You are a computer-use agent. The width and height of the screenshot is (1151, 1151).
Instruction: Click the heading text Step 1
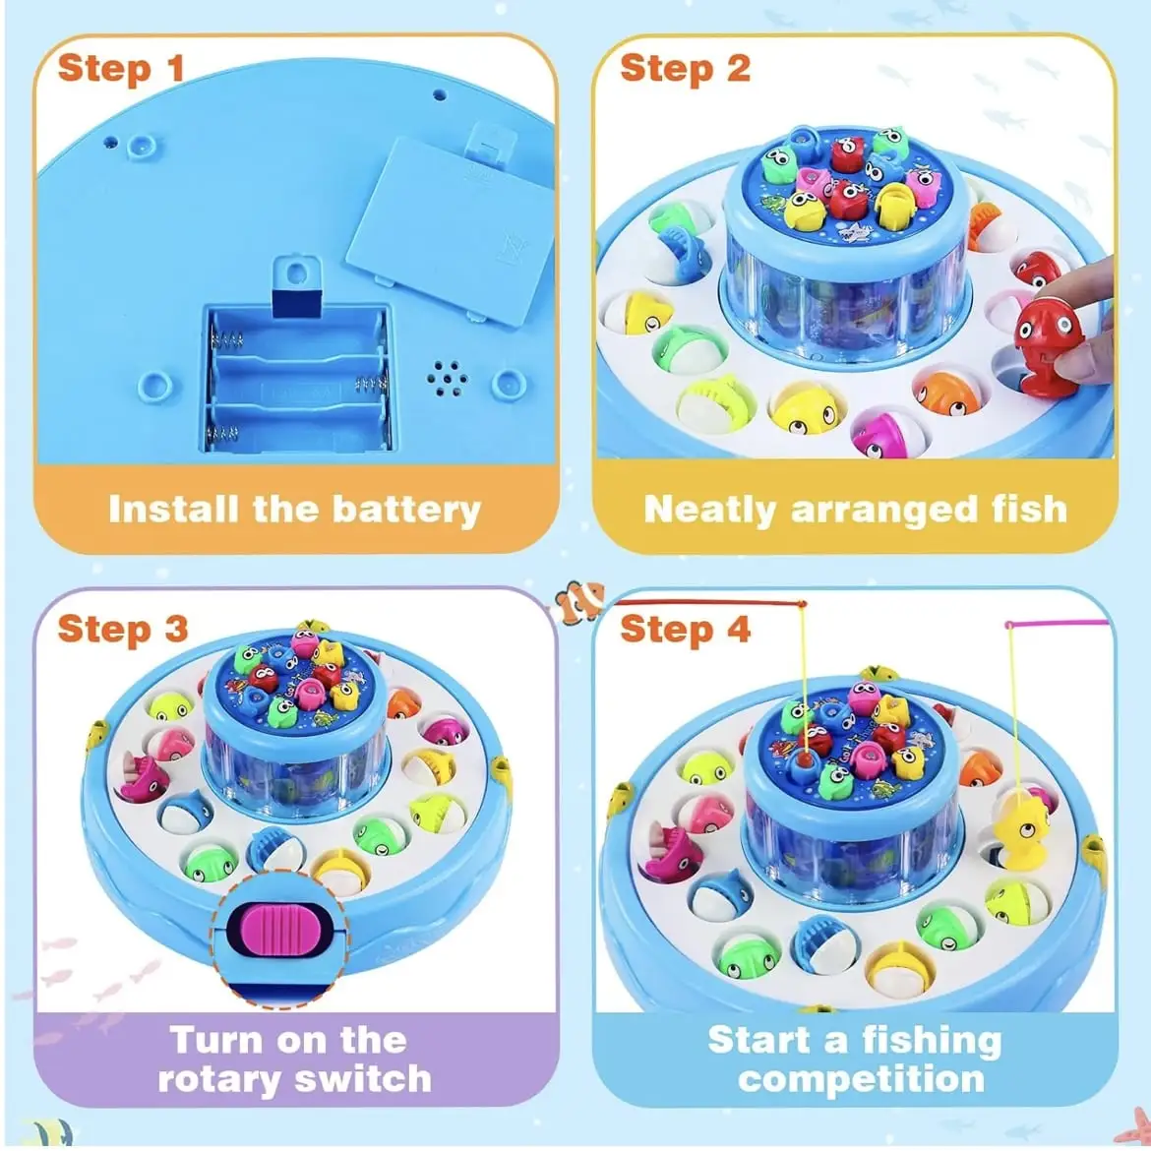click(120, 68)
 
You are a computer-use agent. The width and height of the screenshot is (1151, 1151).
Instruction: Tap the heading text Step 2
click(685, 68)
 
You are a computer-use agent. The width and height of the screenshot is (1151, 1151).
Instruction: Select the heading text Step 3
click(123, 629)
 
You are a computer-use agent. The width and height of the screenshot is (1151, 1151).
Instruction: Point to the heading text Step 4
click(685, 629)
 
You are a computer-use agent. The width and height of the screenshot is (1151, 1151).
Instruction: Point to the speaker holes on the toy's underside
click(447, 378)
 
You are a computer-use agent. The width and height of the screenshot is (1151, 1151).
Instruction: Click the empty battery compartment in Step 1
click(296, 379)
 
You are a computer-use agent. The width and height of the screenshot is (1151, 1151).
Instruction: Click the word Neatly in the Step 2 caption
click(709, 511)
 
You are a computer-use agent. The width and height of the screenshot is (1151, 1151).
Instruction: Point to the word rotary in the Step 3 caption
click(220, 1079)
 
